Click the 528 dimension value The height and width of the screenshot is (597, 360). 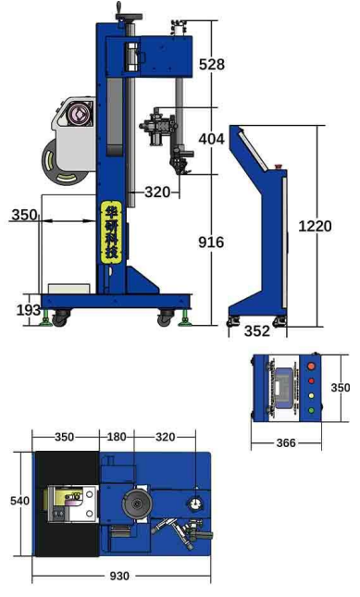pyautogui.click(x=212, y=64)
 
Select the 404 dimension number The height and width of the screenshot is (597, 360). pyautogui.click(x=211, y=139)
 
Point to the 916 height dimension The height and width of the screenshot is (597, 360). pyautogui.click(x=211, y=243)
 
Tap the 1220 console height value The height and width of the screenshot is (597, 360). pyautogui.click(x=315, y=226)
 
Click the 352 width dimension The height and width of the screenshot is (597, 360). pyautogui.click(x=257, y=330)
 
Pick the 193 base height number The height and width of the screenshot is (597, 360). pyautogui.click(x=28, y=310)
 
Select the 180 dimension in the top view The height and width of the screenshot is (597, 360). pyautogui.click(x=116, y=437)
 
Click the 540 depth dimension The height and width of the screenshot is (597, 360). pyautogui.click(x=19, y=501)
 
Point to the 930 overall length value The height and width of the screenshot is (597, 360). pyautogui.click(x=119, y=576)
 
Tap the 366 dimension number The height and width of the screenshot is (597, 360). pyautogui.click(x=286, y=442)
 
